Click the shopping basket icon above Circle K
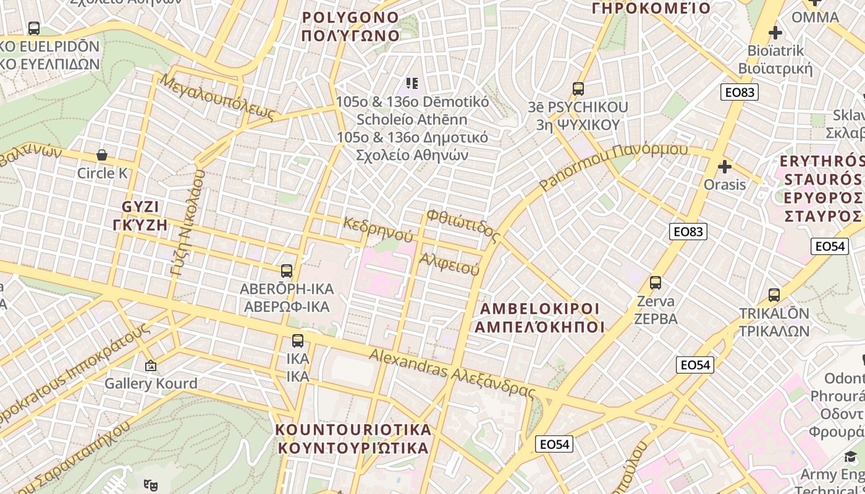[x=102, y=154]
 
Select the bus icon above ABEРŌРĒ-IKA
[x=287, y=270]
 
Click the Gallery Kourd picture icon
[x=150, y=366]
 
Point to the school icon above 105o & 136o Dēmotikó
[x=411, y=83]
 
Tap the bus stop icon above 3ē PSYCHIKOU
[x=578, y=89]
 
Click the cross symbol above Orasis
[x=725, y=167]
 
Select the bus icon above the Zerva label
[x=656, y=283]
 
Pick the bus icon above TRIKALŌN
[x=774, y=295]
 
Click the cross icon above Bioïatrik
[x=775, y=33]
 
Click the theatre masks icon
[x=150, y=485]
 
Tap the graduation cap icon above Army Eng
[x=851, y=457]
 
